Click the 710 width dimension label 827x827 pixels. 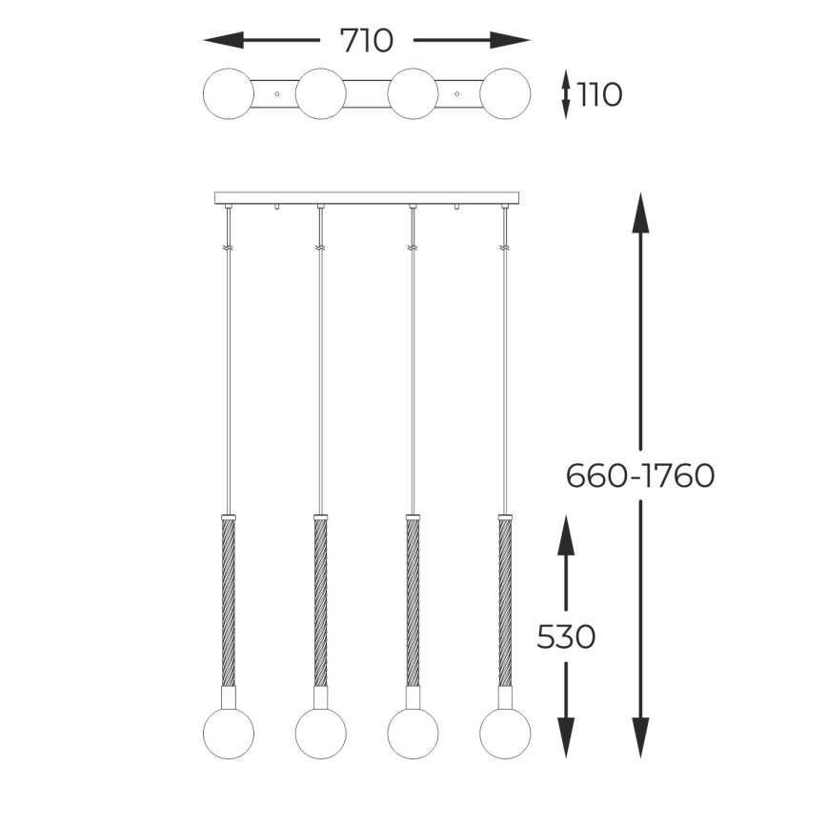367,41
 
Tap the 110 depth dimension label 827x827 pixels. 599,95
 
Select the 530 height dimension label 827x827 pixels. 566,636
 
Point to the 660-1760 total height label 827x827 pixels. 640,475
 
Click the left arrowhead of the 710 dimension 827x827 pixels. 224,40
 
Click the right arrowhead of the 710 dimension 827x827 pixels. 510,40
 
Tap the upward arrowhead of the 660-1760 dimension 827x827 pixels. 641,212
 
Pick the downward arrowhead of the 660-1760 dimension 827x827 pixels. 641,737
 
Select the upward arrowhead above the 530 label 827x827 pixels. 567,535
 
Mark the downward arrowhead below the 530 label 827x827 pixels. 567,737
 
